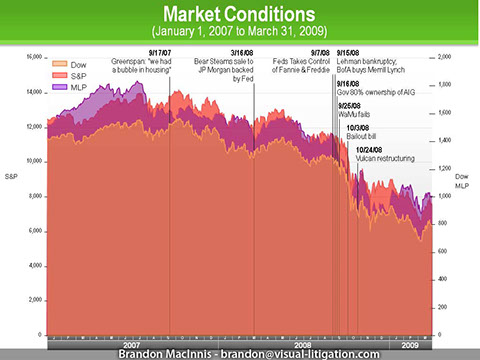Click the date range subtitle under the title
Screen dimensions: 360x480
(240, 36)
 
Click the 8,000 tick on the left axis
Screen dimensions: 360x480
(36, 196)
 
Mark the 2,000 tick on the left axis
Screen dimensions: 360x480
(36, 300)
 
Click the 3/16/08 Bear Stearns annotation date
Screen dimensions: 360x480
(242, 52)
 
